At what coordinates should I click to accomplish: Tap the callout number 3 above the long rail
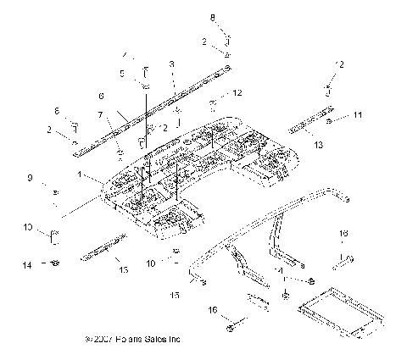tap(172, 64)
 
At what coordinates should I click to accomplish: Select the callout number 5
tap(123, 74)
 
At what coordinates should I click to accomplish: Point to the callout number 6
tap(102, 96)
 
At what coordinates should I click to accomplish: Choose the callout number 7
tap(101, 114)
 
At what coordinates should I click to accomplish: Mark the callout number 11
tap(358, 114)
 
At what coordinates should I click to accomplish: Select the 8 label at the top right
tap(213, 17)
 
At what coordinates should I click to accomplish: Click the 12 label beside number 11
tap(340, 65)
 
